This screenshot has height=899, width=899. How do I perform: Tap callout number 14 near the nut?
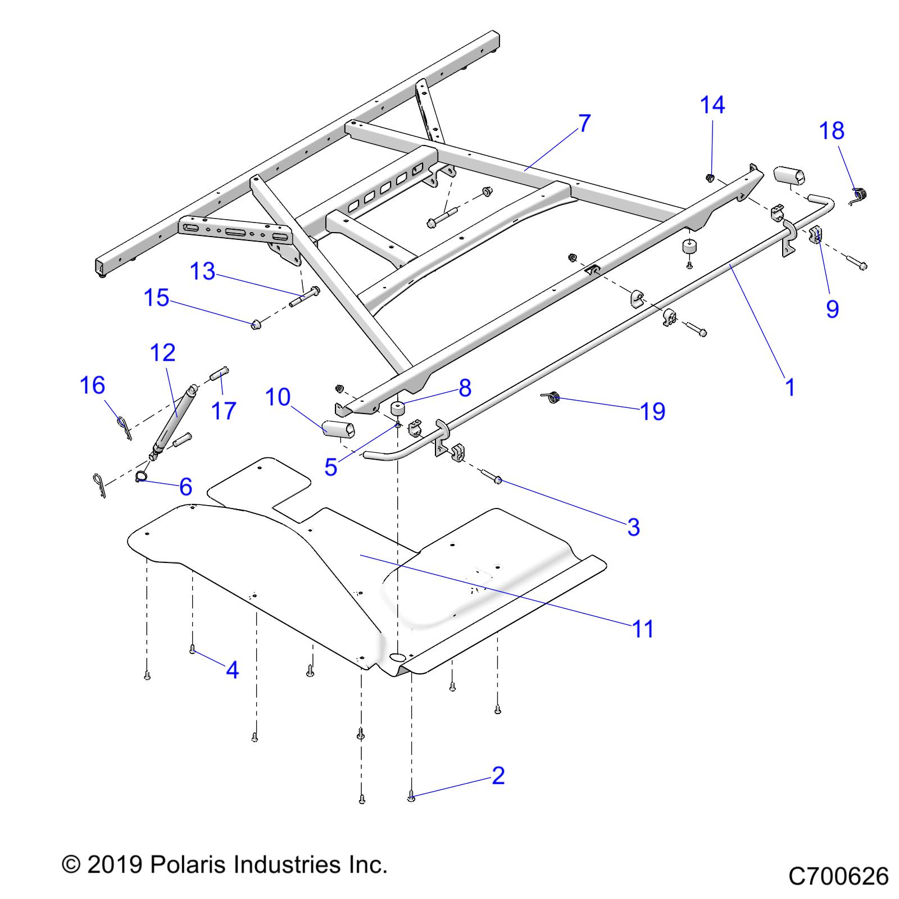(712, 105)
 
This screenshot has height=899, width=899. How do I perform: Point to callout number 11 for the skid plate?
(643, 629)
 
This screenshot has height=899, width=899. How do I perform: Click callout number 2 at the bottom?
(498, 776)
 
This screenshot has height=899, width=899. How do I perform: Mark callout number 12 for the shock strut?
(163, 352)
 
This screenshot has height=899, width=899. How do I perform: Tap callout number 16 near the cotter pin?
(93, 385)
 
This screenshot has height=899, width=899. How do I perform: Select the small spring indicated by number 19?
(553, 398)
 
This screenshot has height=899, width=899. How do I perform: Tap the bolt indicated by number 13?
(306, 297)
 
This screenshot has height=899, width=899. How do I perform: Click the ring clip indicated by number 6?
(141, 477)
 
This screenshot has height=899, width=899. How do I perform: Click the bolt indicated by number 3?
(498, 480)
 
